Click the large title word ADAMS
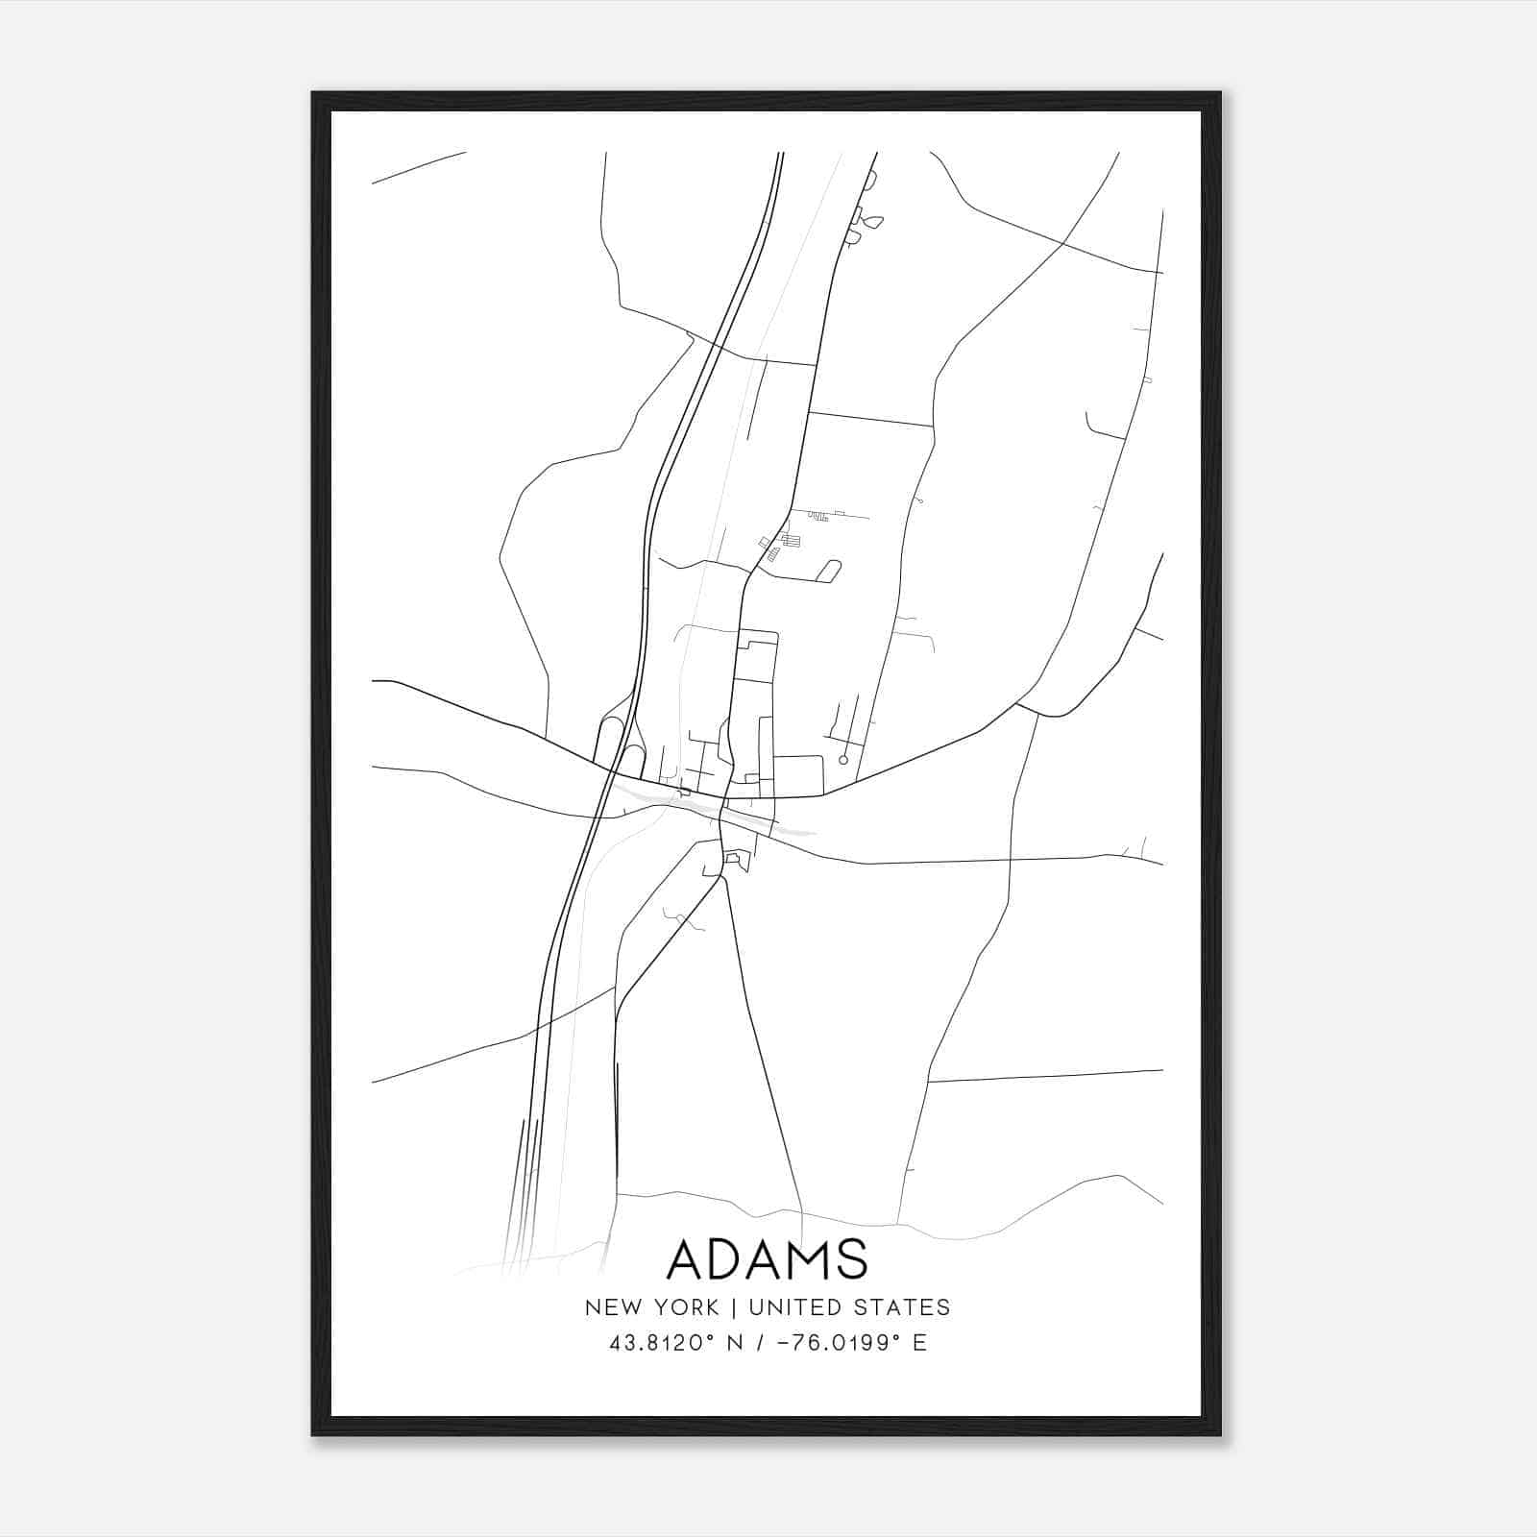point(767,1259)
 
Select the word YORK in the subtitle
point(686,1307)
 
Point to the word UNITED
point(790,1307)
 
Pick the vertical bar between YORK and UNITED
point(733,1307)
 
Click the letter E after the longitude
point(919,1343)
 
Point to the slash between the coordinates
point(760,1343)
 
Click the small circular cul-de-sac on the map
point(843,760)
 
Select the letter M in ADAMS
point(809,1259)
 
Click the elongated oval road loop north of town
point(828,571)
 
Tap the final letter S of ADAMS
point(852,1259)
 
